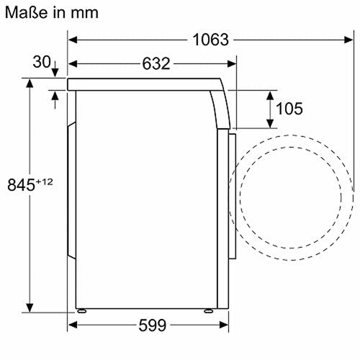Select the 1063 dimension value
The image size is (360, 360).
tap(211, 40)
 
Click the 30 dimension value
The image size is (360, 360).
tap(41, 62)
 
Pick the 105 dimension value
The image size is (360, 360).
tap(288, 109)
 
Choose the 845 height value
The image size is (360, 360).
tap(22, 185)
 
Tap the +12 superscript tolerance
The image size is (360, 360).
tap(45, 181)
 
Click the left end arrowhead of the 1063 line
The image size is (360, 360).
tap(73, 40)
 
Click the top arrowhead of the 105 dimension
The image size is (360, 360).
tap(269, 94)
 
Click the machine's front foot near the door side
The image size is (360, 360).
tap(207, 311)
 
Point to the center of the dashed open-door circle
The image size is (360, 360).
tap(295, 191)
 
